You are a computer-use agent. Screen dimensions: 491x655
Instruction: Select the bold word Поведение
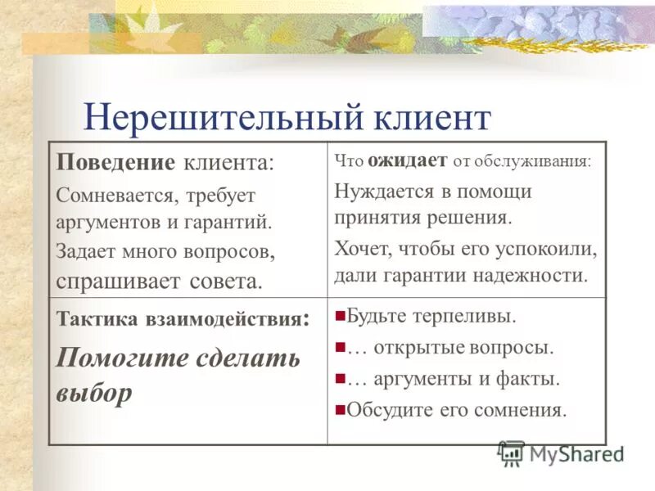click(x=115, y=162)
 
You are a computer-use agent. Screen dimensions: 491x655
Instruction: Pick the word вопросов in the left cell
click(x=228, y=250)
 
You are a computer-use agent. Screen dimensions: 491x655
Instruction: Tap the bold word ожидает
click(x=407, y=160)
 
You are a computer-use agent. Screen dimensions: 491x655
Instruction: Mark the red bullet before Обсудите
click(x=340, y=409)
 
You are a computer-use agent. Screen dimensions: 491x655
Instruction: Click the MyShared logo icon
click(x=512, y=453)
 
